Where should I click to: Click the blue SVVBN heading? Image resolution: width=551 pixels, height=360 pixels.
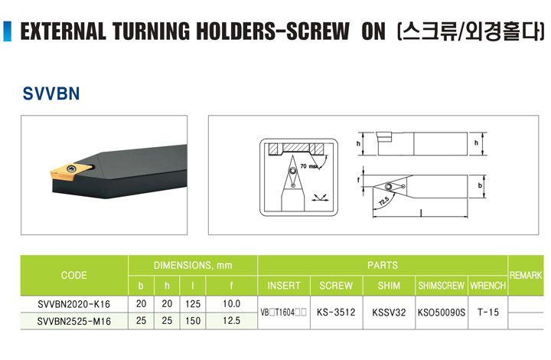(x=51, y=93)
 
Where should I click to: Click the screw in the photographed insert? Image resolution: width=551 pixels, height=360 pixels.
(x=73, y=168)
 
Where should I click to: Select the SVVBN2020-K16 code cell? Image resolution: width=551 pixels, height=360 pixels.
(x=73, y=304)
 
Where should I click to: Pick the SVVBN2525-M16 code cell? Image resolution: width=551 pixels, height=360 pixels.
(x=73, y=321)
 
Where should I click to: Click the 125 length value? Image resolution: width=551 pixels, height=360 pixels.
(x=193, y=304)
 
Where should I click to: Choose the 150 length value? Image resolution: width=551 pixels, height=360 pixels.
(x=193, y=321)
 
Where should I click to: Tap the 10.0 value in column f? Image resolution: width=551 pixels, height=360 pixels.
(x=232, y=304)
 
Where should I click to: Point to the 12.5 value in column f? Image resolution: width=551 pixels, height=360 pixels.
(x=232, y=321)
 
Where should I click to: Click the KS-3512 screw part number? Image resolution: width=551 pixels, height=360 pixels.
(x=336, y=313)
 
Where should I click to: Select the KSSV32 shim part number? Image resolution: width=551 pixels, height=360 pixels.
(x=389, y=313)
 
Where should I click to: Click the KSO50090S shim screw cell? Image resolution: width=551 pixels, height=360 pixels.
(x=442, y=313)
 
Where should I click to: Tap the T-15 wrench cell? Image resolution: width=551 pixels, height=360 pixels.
(x=488, y=313)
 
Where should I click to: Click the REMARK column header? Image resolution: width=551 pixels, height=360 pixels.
(x=526, y=275)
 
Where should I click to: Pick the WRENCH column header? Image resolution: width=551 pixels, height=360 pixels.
(x=488, y=286)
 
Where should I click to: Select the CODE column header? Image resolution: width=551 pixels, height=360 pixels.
(x=73, y=275)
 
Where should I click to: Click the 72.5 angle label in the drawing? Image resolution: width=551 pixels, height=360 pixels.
(x=383, y=201)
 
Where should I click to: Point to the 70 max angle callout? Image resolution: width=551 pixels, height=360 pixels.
(x=309, y=166)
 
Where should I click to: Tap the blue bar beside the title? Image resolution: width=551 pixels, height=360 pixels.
(x=7, y=31)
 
